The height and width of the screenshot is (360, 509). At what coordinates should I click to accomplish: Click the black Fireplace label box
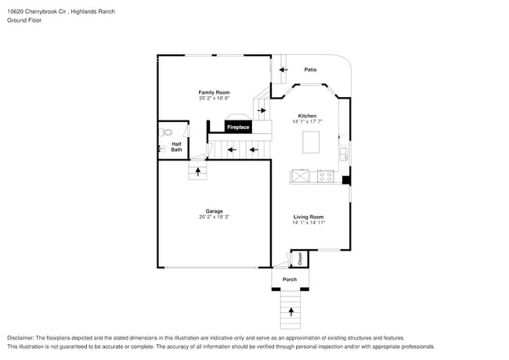click(x=238, y=127)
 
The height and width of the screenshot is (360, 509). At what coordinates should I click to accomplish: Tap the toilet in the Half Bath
click(x=166, y=132)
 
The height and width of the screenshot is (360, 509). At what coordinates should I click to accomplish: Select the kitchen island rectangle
click(x=312, y=142)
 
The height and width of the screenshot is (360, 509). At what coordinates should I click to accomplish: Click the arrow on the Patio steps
click(x=283, y=70)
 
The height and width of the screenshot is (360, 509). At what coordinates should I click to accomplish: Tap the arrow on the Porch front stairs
click(x=291, y=311)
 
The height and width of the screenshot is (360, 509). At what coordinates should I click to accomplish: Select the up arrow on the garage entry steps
click(x=198, y=170)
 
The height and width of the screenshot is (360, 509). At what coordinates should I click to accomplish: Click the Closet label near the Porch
click(x=299, y=258)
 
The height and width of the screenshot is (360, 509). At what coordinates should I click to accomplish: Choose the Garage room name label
click(x=215, y=211)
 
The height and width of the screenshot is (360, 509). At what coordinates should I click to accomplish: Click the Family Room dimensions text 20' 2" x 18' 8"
click(x=214, y=99)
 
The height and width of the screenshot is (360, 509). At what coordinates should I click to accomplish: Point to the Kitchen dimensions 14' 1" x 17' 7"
click(x=307, y=121)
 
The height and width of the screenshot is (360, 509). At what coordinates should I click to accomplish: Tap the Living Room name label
click(x=309, y=217)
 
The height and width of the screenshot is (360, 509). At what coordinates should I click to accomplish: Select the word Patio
click(x=310, y=70)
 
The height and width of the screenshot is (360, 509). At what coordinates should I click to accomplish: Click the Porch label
click(x=290, y=279)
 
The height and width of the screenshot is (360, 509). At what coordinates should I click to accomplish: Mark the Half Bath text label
click(x=176, y=146)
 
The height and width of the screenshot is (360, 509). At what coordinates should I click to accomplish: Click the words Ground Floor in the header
click(x=24, y=20)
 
